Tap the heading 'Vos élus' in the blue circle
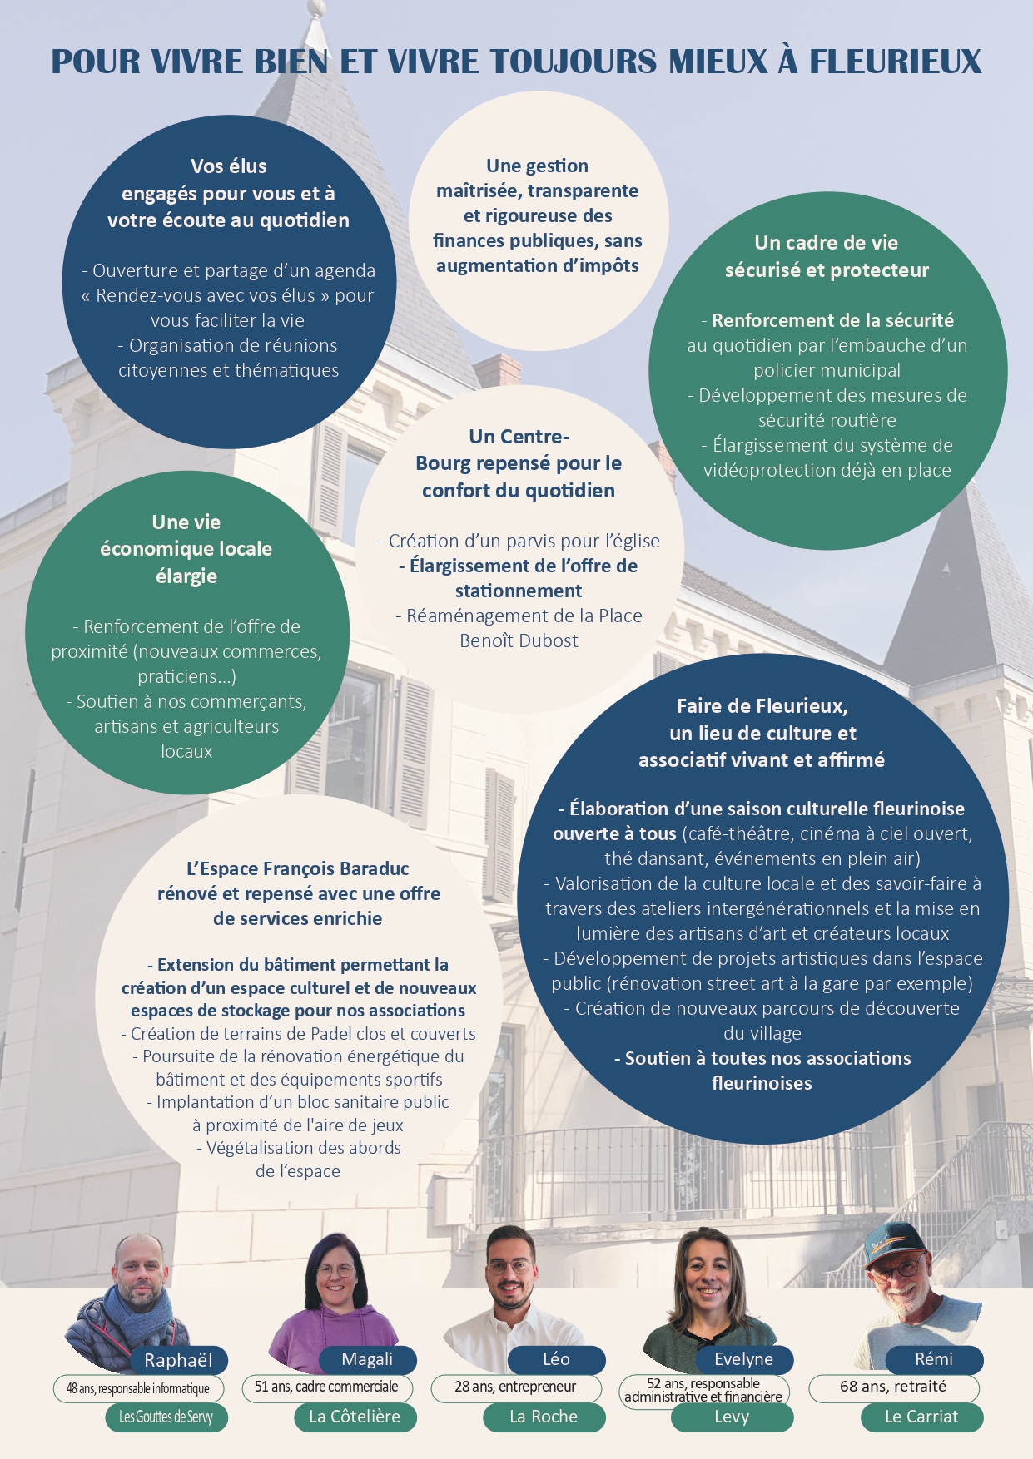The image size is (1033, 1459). coord(229,166)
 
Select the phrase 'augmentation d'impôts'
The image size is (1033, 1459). coord(538,266)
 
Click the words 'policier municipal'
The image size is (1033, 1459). coord(827,371)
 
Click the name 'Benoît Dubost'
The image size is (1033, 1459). coord(519,641)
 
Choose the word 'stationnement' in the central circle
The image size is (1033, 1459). coord(519,591)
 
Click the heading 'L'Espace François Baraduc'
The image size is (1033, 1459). coord(298,869)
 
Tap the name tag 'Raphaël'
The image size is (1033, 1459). coord(178,1360)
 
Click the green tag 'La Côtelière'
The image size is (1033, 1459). coord(355,1417)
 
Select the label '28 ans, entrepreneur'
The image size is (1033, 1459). coord(515,1387)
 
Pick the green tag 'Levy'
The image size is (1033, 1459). coord(732,1417)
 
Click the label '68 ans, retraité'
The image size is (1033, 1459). coord(893,1387)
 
